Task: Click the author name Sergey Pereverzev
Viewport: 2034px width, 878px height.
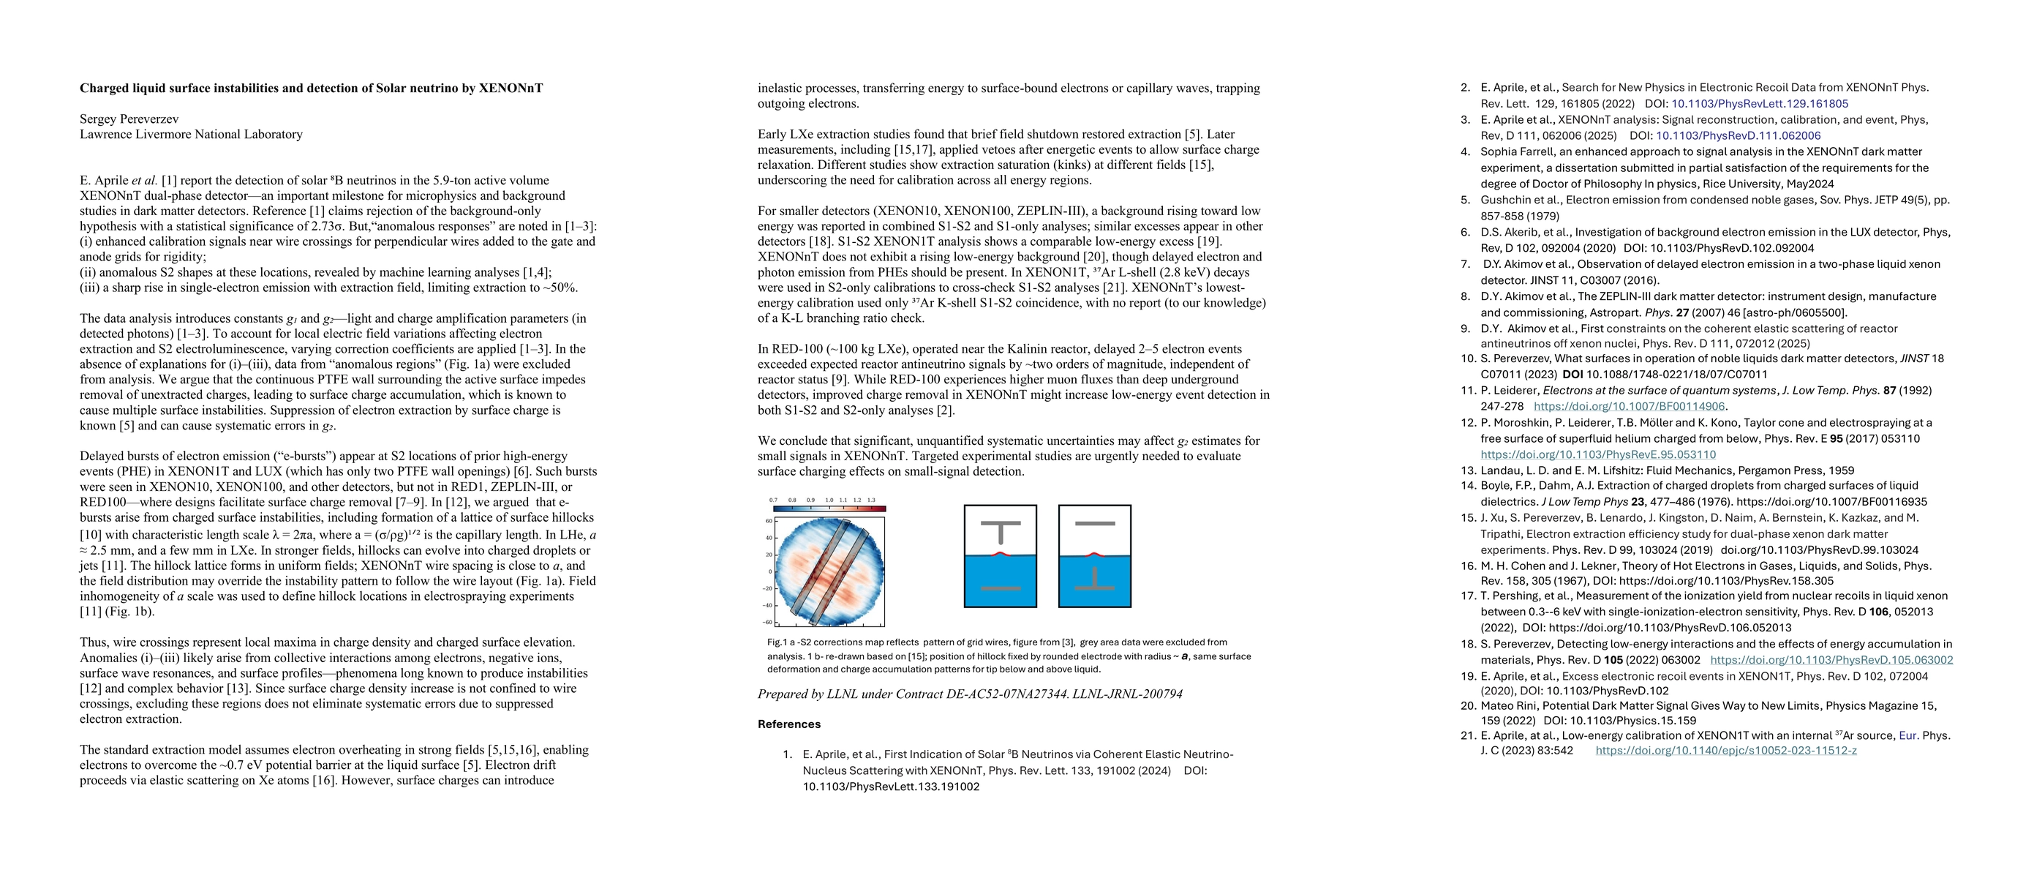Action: click(129, 119)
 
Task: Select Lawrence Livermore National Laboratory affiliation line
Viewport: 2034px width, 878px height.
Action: click(191, 134)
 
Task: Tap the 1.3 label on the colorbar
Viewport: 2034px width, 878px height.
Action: click(872, 500)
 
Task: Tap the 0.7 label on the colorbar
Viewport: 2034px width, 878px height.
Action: click(773, 500)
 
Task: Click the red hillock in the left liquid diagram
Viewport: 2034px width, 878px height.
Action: click(1001, 555)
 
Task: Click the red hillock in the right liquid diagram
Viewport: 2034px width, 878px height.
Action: click(1094, 555)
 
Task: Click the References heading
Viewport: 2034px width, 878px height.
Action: click(789, 724)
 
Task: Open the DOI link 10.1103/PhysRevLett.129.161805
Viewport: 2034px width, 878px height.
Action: click(1759, 103)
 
